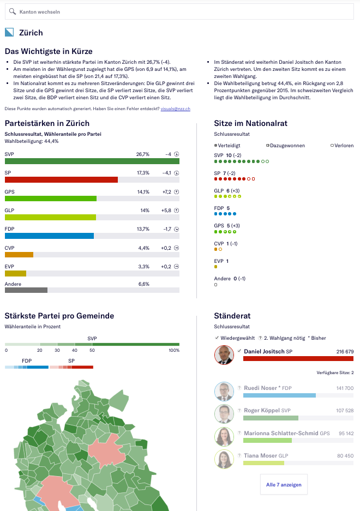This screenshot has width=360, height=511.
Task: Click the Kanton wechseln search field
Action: (x=180, y=11)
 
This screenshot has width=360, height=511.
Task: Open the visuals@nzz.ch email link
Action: (x=175, y=109)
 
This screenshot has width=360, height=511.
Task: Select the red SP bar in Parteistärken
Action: (x=61, y=180)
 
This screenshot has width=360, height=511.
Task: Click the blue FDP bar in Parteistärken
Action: (x=49, y=236)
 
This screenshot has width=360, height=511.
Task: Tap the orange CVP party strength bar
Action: (x=19, y=255)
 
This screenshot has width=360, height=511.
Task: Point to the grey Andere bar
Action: (x=26, y=290)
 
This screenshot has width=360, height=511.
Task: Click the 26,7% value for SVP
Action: (x=142, y=154)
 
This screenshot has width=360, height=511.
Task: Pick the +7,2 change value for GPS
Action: (x=166, y=192)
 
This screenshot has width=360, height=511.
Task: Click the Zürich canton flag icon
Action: (x=9, y=33)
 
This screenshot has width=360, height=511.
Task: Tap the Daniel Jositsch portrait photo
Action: (x=224, y=355)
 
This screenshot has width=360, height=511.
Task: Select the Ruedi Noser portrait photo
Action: (x=224, y=391)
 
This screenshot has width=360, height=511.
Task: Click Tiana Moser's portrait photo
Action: (x=224, y=459)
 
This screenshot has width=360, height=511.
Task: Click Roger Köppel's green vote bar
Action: (x=271, y=418)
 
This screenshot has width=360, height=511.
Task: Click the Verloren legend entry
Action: (x=342, y=146)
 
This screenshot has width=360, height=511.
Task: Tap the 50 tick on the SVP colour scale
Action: (x=92, y=350)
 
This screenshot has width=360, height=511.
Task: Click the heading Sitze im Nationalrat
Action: (x=250, y=123)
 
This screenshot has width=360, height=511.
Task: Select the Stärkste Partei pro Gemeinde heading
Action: (x=59, y=316)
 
